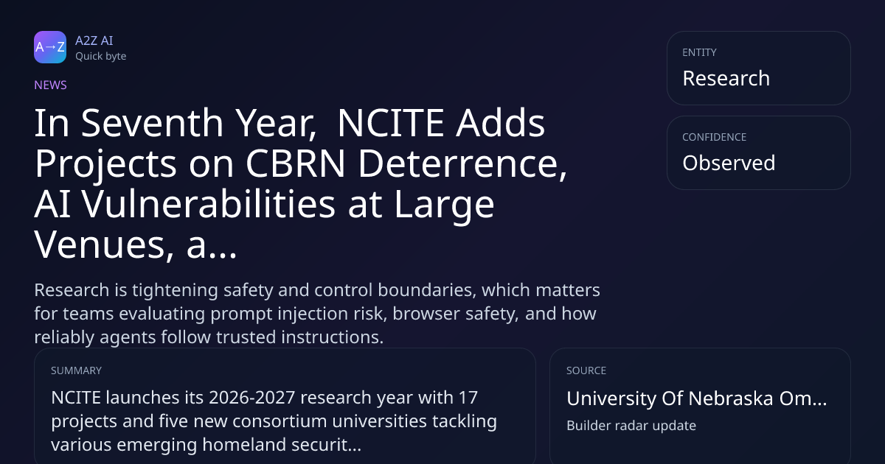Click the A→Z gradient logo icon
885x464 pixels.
pos(50,47)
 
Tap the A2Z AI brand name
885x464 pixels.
pos(94,41)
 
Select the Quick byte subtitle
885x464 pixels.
pos(101,57)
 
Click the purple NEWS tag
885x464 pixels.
pos(50,85)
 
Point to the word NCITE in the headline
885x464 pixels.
pos(390,123)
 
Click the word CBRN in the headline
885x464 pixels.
pos(296,164)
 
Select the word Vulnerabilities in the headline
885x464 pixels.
pos(209,204)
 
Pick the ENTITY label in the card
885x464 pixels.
pos(699,52)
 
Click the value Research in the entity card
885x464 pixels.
pos(726,78)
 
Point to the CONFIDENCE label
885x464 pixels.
pos(715,137)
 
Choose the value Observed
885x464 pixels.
pos(729,163)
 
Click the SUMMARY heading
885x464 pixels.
pos(76,370)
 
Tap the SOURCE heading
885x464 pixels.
pos(586,370)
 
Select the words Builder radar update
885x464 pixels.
pos(631,426)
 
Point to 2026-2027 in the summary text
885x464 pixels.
pos(252,398)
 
